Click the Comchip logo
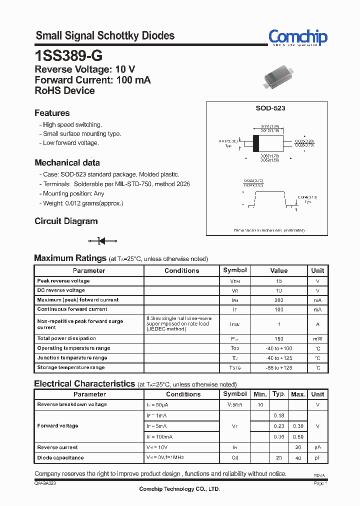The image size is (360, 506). (x=297, y=37)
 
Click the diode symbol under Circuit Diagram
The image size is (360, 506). (x=102, y=240)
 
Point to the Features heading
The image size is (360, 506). (x=52, y=113)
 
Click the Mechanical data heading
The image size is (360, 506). (x=67, y=162)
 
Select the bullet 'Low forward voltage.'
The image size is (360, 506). (x=70, y=143)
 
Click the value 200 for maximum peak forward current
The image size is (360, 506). (x=278, y=300)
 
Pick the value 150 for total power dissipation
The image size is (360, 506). (x=278, y=338)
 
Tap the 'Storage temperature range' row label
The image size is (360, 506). (x=71, y=367)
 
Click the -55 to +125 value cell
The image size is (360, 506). (x=278, y=367)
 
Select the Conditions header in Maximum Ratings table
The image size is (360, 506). (x=182, y=270)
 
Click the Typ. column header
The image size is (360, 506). (x=279, y=394)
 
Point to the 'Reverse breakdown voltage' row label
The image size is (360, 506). (x=72, y=404)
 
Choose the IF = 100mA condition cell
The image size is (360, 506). (x=159, y=436)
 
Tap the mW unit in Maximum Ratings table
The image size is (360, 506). (x=317, y=338)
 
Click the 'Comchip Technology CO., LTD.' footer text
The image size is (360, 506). (x=179, y=489)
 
